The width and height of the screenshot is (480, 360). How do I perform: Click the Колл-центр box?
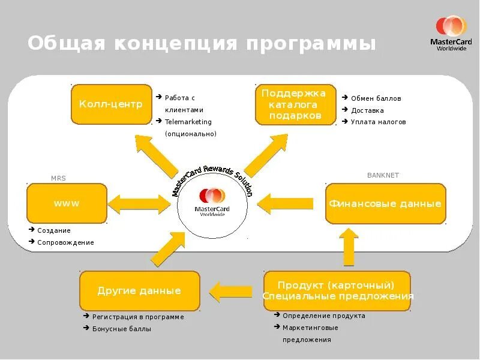(111, 104)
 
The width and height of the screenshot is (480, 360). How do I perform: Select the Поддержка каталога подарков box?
(295, 104)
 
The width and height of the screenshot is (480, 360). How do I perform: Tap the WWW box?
(67, 203)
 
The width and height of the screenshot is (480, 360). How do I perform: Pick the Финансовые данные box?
(385, 203)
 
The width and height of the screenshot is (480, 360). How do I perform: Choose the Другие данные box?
(139, 291)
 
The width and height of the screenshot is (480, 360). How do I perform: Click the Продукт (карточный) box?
(337, 290)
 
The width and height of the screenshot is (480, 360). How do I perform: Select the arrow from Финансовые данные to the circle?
(286, 202)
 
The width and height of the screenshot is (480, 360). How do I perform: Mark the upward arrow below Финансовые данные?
(349, 246)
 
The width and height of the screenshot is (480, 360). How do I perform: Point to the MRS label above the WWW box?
(58, 178)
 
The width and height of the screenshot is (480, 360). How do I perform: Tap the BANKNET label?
(383, 175)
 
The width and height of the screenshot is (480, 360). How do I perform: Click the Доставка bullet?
(368, 110)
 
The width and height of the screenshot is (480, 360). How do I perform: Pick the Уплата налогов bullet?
(379, 122)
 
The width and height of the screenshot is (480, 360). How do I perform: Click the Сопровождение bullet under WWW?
(65, 242)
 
